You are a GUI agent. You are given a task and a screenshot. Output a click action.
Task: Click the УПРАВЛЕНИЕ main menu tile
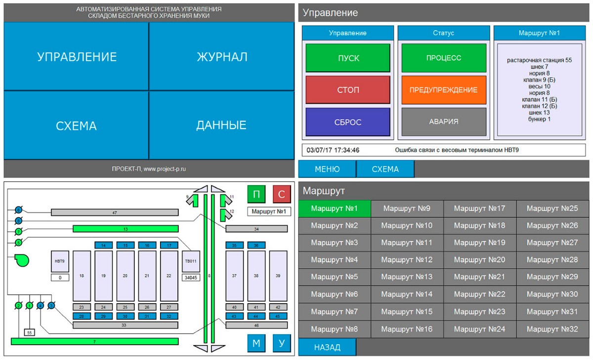[77, 57]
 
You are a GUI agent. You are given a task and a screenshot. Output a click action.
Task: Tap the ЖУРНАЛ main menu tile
[222, 57]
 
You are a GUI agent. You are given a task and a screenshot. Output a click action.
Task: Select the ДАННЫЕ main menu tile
[221, 125]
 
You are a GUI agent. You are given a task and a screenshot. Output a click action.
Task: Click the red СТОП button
[348, 90]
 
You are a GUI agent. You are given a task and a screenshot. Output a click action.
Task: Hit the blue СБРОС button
[348, 122]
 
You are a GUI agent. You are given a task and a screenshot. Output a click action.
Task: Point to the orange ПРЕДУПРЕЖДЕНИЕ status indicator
[443, 90]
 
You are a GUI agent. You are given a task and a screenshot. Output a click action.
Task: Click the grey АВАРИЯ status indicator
[443, 121]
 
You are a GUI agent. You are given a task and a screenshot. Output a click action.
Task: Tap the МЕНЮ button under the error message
[327, 169]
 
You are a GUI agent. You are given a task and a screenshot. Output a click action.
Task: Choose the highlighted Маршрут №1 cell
[335, 208]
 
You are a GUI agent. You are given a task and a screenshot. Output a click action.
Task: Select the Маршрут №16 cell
[407, 329]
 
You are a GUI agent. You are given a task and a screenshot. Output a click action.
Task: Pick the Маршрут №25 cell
[552, 208]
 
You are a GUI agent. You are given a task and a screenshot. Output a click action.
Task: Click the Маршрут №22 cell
[479, 294]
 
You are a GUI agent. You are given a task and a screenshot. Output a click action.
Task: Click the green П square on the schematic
[256, 194]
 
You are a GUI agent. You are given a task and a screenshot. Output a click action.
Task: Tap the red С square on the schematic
[282, 194]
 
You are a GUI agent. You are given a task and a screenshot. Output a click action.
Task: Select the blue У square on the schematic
[282, 343]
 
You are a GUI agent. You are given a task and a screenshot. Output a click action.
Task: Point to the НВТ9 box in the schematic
[60, 261]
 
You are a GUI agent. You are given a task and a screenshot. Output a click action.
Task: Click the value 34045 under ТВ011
[191, 278]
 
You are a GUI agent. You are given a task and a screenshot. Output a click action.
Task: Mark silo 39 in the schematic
[278, 276]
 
